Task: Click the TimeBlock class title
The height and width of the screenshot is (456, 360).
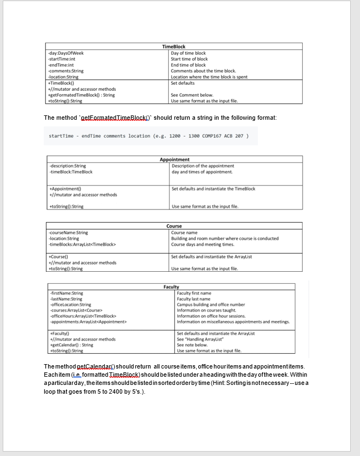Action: (174, 47)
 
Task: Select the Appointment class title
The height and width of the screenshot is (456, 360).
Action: (174, 160)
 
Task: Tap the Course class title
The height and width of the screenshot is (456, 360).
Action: (174, 226)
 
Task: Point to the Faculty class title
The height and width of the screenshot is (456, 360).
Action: (171, 287)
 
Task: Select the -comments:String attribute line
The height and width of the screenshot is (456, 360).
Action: (66, 71)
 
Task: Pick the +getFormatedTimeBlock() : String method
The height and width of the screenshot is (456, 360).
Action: (81, 95)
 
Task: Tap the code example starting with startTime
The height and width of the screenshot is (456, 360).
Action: (149, 136)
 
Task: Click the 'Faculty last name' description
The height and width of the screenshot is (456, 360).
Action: (194, 299)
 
